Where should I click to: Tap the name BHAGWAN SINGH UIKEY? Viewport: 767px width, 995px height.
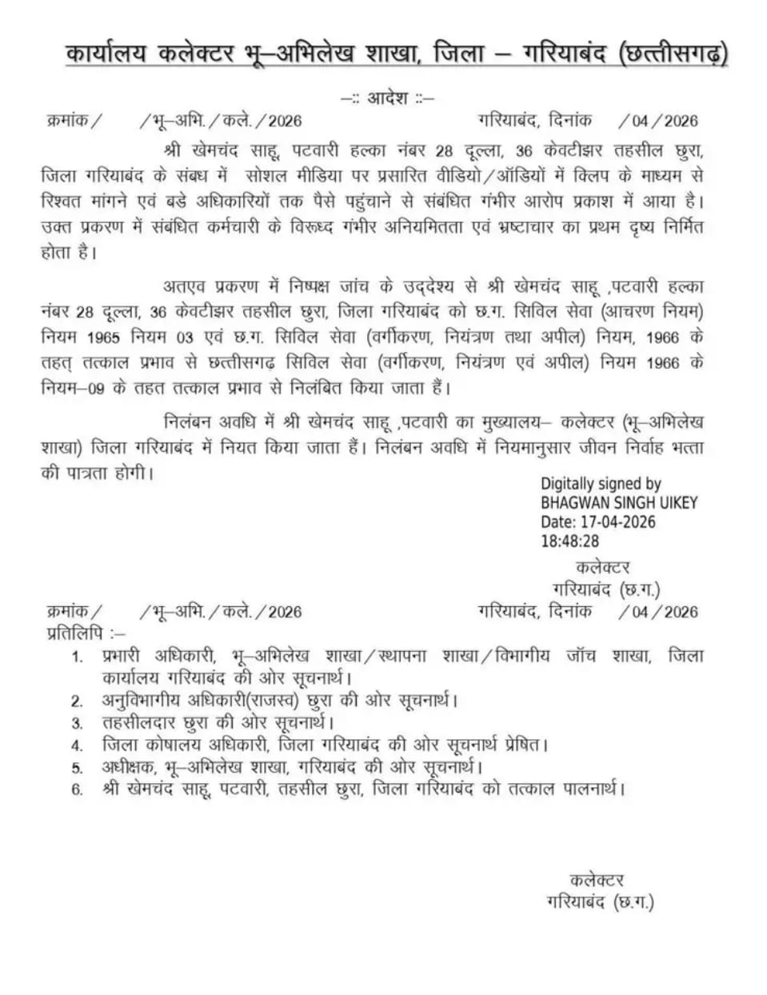(619, 503)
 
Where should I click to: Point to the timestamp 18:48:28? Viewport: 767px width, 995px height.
(570, 541)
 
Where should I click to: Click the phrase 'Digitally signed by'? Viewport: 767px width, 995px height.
(601, 483)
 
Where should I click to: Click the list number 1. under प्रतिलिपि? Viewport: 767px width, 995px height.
(78, 657)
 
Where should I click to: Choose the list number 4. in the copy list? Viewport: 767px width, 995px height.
(78, 746)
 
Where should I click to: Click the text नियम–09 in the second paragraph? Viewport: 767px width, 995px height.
(73, 389)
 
